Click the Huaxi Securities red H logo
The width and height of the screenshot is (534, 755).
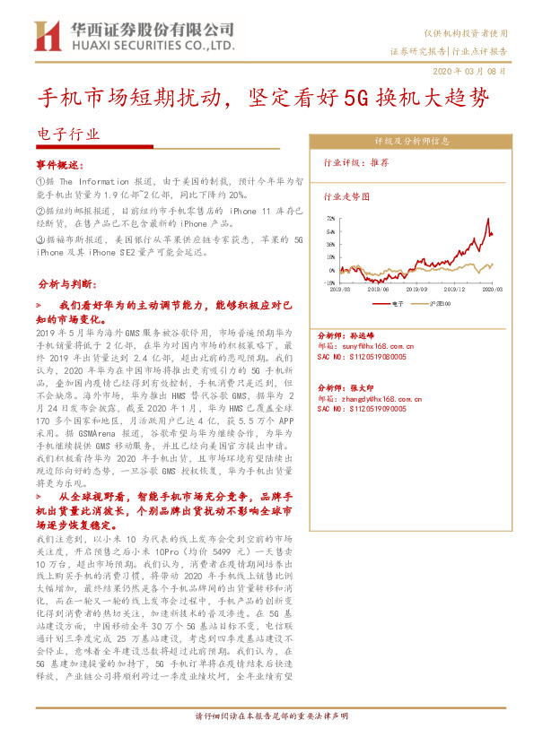45,36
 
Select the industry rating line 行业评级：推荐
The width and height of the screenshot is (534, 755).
356,163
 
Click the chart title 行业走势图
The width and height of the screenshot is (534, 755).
346,195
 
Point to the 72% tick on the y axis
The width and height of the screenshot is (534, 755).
331,218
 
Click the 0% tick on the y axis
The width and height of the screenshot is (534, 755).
332,269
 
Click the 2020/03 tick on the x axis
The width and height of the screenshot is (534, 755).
493,289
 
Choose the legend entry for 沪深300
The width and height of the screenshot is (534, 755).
440,304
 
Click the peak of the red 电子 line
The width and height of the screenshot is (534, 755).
487,219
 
